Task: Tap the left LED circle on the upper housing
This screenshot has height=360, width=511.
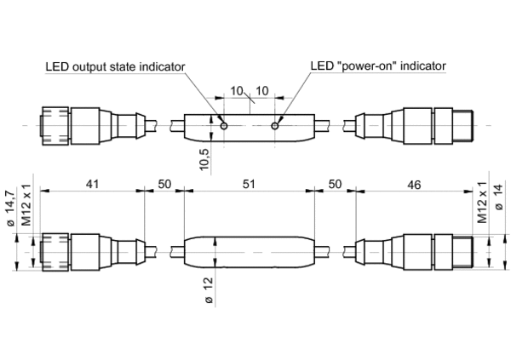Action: [224, 127]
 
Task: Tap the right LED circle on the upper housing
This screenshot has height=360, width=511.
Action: [275, 127]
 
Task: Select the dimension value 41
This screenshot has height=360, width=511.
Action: [91, 184]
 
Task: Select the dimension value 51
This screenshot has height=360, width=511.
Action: [250, 184]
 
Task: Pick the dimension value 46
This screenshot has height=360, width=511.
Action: [414, 184]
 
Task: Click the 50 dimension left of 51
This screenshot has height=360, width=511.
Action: [164, 184]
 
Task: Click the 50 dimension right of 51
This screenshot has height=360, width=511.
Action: [335, 184]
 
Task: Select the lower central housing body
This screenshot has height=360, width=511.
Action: [250, 251]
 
